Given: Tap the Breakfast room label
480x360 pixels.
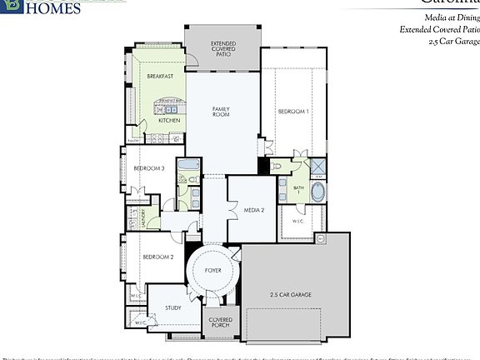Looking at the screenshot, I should coord(160,76).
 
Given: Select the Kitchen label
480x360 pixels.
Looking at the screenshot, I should coord(169,120).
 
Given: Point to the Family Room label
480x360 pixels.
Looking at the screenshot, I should coord(221,112).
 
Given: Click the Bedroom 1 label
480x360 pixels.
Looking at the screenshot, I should coord(293,111).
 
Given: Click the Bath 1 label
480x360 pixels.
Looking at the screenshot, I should coord(298,191).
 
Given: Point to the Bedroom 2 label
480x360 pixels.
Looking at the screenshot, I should coord(157,257).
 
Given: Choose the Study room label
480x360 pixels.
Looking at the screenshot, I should coord(172,307).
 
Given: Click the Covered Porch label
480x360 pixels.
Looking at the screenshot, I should coord(221,322).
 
